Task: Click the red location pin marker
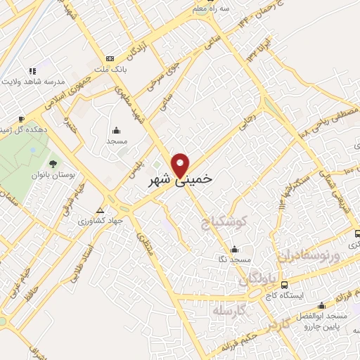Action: (181, 165)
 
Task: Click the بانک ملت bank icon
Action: (109, 58)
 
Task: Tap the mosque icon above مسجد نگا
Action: (234, 249)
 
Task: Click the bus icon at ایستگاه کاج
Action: (284, 285)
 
